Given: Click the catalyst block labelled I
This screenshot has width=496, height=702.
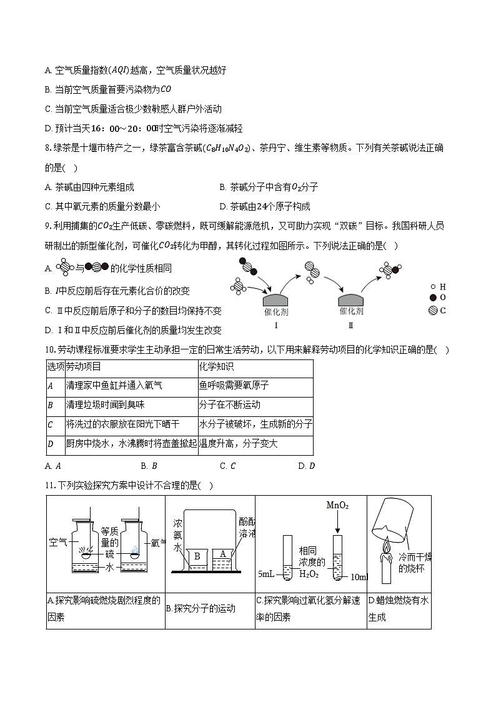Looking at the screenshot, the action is (275, 300).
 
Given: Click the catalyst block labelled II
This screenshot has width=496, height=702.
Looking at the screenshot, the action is (350, 300).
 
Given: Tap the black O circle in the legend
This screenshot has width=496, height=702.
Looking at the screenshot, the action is (432, 298).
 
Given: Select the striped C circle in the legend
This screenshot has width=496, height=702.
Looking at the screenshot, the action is (432, 310).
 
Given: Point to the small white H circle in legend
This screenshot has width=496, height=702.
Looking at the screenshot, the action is (432, 287).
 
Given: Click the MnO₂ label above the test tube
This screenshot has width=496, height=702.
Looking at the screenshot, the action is (337, 505).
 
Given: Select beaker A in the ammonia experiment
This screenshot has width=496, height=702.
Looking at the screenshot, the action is (222, 556).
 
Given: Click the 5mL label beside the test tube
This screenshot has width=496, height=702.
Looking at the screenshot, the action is (267, 574).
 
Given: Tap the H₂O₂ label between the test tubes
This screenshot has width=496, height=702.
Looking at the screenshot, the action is (309, 574).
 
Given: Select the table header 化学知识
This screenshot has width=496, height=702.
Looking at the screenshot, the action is (216, 367).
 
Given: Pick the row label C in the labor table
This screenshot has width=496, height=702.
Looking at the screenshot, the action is (51, 425).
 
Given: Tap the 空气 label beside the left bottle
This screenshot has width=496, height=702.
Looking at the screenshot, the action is (57, 543).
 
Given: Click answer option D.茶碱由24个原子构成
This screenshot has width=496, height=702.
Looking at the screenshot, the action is (265, 206).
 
